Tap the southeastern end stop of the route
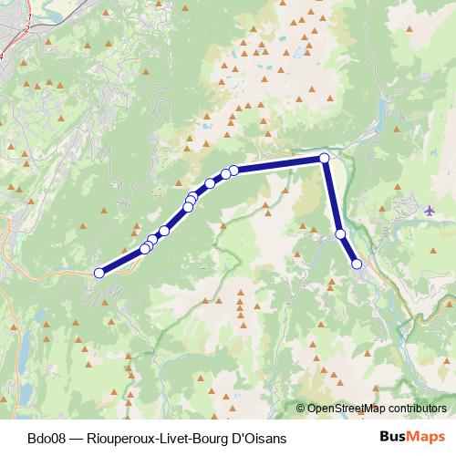tap(357, 264)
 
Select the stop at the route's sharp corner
tap(324, 159)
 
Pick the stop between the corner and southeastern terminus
tap(341, 234)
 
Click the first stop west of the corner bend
tap(234, 170)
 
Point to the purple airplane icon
tap(430, 211)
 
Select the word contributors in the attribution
tap(417, 409)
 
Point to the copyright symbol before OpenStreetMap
tap(301, 409)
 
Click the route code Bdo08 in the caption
tap(47, 439)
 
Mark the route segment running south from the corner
tap(332, 196)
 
